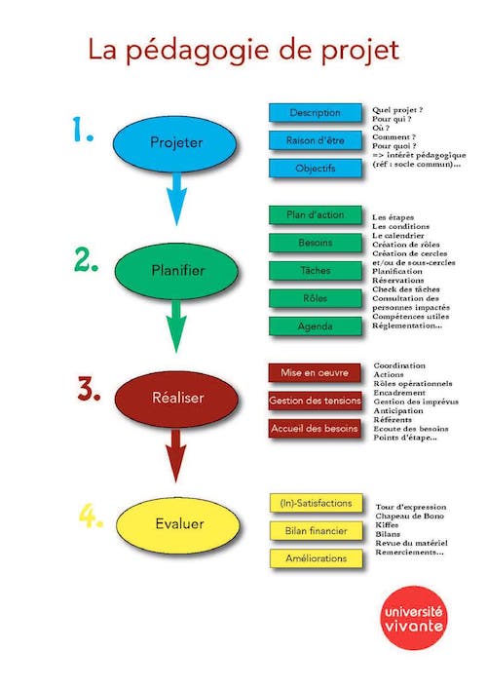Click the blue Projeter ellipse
(174, 142)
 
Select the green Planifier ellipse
(176, 270)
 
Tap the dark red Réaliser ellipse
(176, 399)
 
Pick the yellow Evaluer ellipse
(178, 523)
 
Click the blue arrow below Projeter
(176, 199)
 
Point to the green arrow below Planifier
(176, 326)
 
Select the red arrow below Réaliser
(175, 455)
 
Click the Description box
(316, 113)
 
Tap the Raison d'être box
(316, 140)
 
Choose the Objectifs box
(316, 169)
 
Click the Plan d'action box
(316, 215)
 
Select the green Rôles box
(316, 299)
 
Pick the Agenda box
(316, 326)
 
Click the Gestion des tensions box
(315, 401)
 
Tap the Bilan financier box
(317, 531)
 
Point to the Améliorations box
(317, 558)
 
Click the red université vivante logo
(413, 618)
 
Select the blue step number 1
(83, 130)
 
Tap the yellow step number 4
(91, 516)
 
